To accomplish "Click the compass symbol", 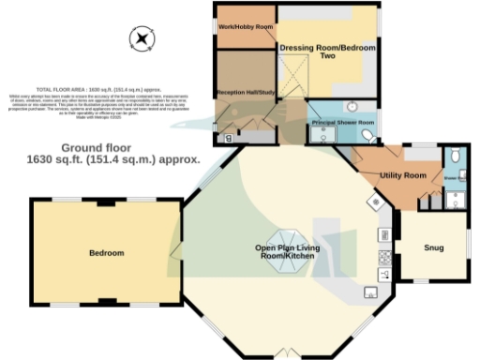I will [142, 38].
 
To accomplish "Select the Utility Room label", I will [403, 175].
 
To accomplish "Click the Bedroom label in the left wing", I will [106, 253].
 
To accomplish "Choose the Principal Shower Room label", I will [343, 122].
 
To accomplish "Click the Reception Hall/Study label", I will [244, 93].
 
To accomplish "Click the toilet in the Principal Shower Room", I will [367, 137].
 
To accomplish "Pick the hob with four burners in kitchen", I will [383, 255].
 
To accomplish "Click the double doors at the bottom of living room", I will [287, 353].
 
